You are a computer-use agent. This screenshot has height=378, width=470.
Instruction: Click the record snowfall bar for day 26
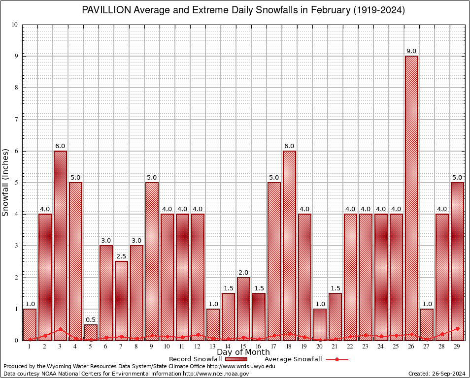(411, 197)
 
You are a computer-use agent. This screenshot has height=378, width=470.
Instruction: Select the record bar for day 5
(91, 332)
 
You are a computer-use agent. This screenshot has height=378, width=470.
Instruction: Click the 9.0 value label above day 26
(411, 51)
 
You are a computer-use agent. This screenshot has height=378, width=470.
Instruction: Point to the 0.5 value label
(91, 320)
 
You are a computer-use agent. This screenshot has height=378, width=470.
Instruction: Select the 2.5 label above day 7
(121, 256)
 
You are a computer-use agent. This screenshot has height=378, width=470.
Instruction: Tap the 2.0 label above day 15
(243, 272)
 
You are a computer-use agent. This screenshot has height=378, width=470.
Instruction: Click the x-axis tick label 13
(213, 346)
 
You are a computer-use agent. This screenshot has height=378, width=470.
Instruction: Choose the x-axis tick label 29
(457, 346)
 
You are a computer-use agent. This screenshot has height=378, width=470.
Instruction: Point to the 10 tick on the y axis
(14, 25)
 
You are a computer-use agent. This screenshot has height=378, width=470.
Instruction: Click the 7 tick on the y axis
(16, 120)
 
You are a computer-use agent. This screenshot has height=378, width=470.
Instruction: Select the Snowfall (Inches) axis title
(6, 182)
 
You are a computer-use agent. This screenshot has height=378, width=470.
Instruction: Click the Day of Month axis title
(243, 352)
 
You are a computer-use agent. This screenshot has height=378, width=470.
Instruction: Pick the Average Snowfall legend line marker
(337, 359)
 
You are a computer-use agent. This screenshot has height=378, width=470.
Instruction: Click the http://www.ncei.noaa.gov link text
(216, 374)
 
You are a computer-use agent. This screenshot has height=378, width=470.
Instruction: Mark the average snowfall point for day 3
(60, 329)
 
